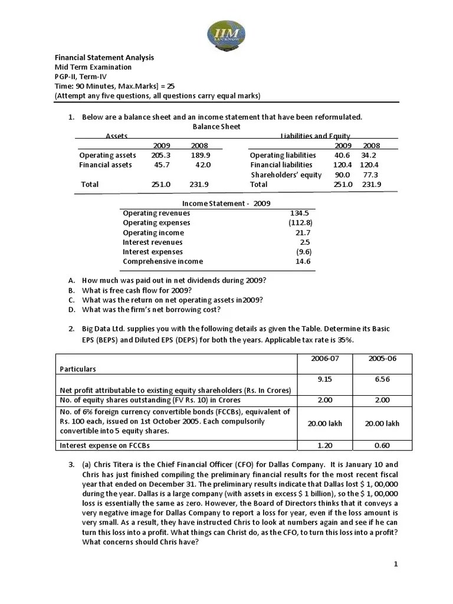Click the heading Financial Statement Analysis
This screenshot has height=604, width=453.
pyautogui.click(x=104, y=57)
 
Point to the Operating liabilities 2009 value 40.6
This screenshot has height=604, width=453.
pyautogui.click(x=343, y=155)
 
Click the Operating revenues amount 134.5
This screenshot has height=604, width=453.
pyautogui.click(x=300, y=213)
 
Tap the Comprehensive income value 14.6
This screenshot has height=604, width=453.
pyautogui.click(x=303, y=261)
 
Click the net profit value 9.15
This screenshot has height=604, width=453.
pyautogui.click(x=325, y=379)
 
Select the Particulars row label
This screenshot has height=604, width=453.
pyautogui.click(x=78, y=369)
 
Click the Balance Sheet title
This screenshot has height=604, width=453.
pyautogui.click(x=216, y=127)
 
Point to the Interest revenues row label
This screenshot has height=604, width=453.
pyautogui.click(x=153, y=242)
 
